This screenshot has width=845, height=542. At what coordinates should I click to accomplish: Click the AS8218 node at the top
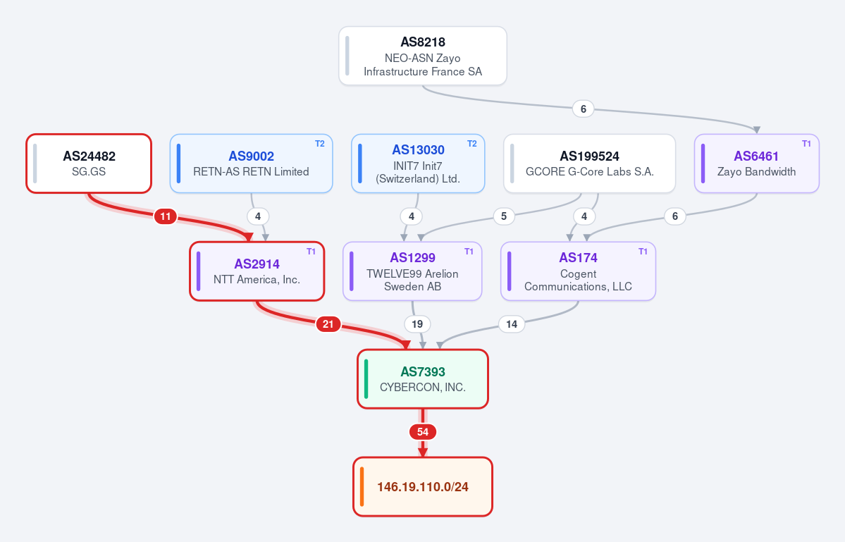423,56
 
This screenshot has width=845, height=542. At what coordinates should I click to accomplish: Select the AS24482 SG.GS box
89,164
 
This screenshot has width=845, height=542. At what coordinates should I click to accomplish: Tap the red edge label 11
166,216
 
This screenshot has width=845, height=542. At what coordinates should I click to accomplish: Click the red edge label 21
328,324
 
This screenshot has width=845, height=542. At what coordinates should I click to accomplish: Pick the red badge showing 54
423,432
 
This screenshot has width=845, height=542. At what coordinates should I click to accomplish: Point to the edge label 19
417,324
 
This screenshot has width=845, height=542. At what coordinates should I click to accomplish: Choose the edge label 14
512,324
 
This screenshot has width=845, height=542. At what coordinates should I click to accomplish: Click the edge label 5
504,216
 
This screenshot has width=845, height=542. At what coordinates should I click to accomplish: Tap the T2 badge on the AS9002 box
319,144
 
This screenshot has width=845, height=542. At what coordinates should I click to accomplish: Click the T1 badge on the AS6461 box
806,144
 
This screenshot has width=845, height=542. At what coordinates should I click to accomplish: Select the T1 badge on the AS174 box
643,252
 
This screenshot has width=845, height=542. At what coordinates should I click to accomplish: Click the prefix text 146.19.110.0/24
423,487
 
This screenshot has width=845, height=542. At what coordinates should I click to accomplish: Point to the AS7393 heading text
423,371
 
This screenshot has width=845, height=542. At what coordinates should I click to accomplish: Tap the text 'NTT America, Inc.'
257,280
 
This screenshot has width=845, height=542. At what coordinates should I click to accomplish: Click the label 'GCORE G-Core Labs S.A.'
590,172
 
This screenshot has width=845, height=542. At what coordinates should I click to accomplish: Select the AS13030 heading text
418,150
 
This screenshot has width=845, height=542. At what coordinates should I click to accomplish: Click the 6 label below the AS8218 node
583,109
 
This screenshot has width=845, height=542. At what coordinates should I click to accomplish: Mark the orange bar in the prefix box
362,487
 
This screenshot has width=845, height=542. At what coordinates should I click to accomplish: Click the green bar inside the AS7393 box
366,379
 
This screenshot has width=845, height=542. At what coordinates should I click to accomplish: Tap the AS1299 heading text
413,257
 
